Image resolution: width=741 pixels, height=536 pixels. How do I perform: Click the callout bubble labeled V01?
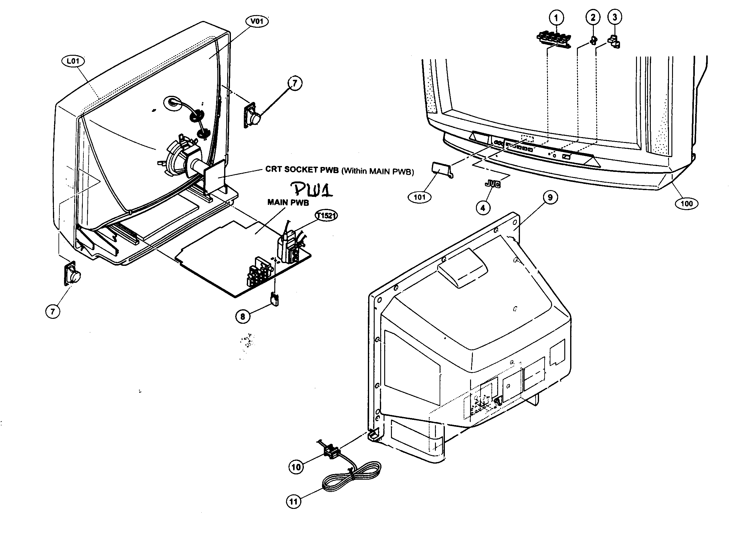click(x=257, y=22)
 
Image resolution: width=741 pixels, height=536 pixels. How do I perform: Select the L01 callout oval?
click(x=73, y=61)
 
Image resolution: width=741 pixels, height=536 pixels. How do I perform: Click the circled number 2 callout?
click(x=593, y=17)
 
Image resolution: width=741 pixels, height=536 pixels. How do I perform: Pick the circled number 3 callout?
click(x=614, y=17)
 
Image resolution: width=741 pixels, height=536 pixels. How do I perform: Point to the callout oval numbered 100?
click(x=687, y=204)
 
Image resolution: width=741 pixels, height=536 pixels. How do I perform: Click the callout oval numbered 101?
click(x=420, y=197)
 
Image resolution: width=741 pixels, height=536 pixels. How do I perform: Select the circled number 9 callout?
click(x=550, y=197)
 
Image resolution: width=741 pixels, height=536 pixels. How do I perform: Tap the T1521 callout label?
click(x=326, y=215)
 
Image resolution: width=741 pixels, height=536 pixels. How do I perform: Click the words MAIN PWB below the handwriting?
click(x=288, y=203)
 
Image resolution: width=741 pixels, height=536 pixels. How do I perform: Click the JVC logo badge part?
click(x=493, y=184)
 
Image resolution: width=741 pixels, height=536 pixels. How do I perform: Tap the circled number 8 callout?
click(x=242, y=316)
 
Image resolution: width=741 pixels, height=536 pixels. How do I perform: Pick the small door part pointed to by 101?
click(x=441, y=168)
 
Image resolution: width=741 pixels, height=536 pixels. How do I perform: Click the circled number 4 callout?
click(x=483, y=208)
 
